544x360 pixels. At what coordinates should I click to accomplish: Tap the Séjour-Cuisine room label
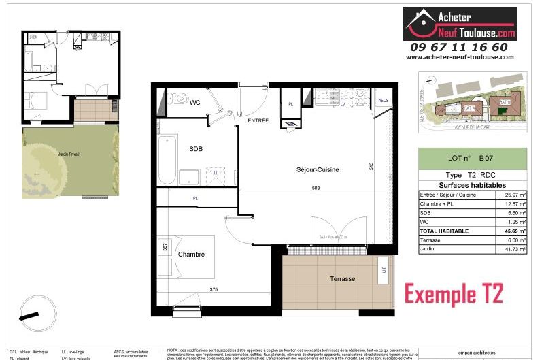pyautogui.click(x=318, y=169)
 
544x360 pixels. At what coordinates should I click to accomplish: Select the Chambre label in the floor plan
pyautogui.click(x=192, y=255)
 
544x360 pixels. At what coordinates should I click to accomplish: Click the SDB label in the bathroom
pyautogui.click(x=196, y=148)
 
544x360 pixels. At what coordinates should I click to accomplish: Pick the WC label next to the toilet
pyautogui.click(x=194, y=103)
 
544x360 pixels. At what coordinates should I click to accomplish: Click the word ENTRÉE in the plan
pyautogui.click(x=258, y=120)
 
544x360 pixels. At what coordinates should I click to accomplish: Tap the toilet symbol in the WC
pyautogui.click(x=178, y=98)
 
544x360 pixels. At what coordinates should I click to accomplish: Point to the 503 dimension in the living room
pyautogui.click(x=315, y=189)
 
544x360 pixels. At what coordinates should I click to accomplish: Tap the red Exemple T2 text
pyautogui.click(x=454, y=294)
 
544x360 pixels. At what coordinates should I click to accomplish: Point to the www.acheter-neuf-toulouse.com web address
pyautogui.click(x=460, y=57)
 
